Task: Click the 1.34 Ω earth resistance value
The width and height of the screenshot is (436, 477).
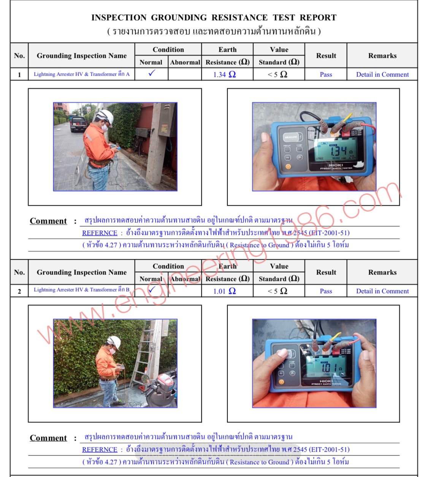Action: tap(224, 74)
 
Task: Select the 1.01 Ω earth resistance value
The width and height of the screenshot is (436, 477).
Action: tap(224, 291)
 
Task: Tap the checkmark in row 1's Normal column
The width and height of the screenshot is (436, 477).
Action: tap(152, 73)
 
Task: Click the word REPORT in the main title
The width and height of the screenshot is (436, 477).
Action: tap(318, 17)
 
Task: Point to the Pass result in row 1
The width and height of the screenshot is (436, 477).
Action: tap(326, 74)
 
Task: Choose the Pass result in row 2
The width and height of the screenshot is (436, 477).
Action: tap(326, 291)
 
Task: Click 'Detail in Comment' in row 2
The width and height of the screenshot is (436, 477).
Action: tap(382, 291)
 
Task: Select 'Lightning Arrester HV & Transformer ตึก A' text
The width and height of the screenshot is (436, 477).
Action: tap(81, 74)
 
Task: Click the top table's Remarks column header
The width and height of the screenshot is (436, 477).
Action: tap(382, 56)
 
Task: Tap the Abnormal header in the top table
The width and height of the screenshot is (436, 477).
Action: tap(185, 62)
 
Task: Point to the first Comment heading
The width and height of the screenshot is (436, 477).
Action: tap(48, 221)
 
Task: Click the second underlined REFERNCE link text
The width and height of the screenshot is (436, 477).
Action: tap(100, 450)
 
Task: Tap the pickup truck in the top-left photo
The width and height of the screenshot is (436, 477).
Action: tap(78, 123)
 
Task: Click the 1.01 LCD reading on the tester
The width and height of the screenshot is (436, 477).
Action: tap(328, 368)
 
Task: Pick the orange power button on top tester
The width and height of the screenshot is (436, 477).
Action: tap(288, 167)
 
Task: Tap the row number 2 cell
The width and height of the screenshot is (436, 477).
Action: tap(19, 292)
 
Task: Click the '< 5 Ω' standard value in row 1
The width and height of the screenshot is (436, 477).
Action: tap(277, 74)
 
